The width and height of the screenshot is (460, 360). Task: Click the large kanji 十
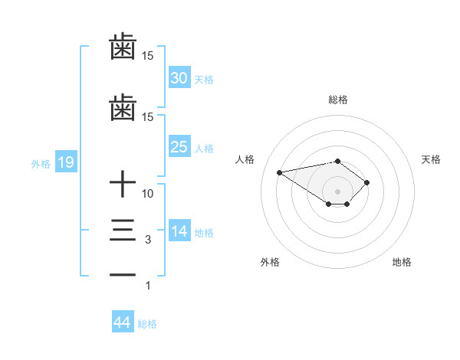(x=123, y=185)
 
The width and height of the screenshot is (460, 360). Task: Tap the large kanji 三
(x=123, y=231)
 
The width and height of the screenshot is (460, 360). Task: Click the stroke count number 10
(x=148, y=194)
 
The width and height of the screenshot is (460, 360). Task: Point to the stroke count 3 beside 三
(x=148, y=240)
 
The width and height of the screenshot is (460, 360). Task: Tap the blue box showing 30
(x=179, y=78)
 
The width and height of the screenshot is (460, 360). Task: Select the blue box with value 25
(x=179, y=147)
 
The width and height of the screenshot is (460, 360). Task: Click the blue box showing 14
(x=179, y=231)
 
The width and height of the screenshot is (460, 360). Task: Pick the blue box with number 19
(x=65, y=162)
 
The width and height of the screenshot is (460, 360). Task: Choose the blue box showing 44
(x=122, y=322)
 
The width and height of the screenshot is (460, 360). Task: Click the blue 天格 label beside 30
(x=204, y=80)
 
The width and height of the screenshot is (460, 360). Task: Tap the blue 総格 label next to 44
(x=147, y=324)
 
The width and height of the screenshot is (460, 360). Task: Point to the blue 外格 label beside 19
(x=41, y=163)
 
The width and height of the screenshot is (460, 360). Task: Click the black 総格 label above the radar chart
(x=337, y=100)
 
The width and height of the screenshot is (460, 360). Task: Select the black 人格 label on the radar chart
(x=245, y=159)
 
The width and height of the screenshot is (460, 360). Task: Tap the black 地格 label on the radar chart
(x=402, y=262)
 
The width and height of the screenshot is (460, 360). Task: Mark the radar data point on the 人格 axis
(x=280, y=172)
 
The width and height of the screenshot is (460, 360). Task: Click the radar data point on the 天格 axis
(x=367, y=182)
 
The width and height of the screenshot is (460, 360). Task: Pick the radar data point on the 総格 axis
(x=337, y=161)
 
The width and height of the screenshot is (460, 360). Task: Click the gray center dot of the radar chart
(x=337, y=191)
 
